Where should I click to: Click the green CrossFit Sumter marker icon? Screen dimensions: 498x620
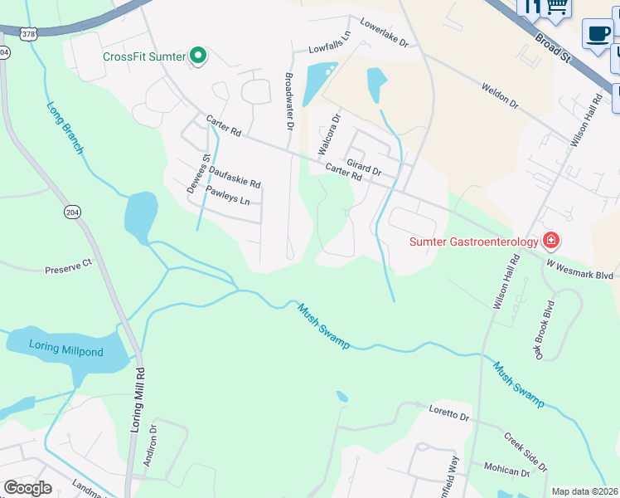pyautogui.click(x=198, y=56)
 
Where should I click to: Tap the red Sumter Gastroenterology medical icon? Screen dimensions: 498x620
pyautogui.click(x=550, y=242)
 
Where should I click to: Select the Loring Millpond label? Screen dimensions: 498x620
pyautogui.click(x=66, y=350)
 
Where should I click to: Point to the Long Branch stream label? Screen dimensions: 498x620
pyautogui.click(x=65, y=128)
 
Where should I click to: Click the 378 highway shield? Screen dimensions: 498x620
pyautogui.click(x=28, y=33)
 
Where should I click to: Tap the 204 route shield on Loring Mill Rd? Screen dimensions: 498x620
pyautogui.click(x=72, y=212)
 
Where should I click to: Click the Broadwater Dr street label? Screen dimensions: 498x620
pyautogui.click(x=290, y=101)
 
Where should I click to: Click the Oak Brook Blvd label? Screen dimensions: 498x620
pyautogui.click(x=543, y=330)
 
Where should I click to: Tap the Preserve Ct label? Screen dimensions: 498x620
pyautogui.click(x=68, y=267)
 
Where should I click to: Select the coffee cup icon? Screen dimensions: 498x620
pyautogui.click(x=597, y=34)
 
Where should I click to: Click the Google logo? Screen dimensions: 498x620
pyautogui.click(x=27, y=487)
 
